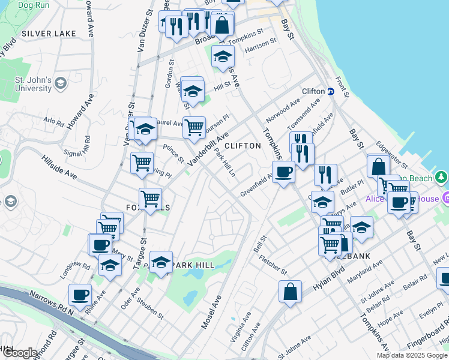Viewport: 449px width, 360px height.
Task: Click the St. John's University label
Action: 33,84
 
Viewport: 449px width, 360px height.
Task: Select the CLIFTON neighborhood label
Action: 243,146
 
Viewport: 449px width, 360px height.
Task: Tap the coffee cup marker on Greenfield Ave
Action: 283,172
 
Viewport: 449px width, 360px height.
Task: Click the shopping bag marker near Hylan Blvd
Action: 290,292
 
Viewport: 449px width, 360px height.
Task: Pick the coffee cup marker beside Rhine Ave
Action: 80,295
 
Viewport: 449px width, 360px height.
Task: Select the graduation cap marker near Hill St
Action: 193,92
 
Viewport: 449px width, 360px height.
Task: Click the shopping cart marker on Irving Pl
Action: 142,163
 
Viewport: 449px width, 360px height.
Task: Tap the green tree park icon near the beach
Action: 441,177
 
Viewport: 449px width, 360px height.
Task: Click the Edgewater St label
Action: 392,154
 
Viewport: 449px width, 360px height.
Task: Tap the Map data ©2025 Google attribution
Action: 412,355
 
